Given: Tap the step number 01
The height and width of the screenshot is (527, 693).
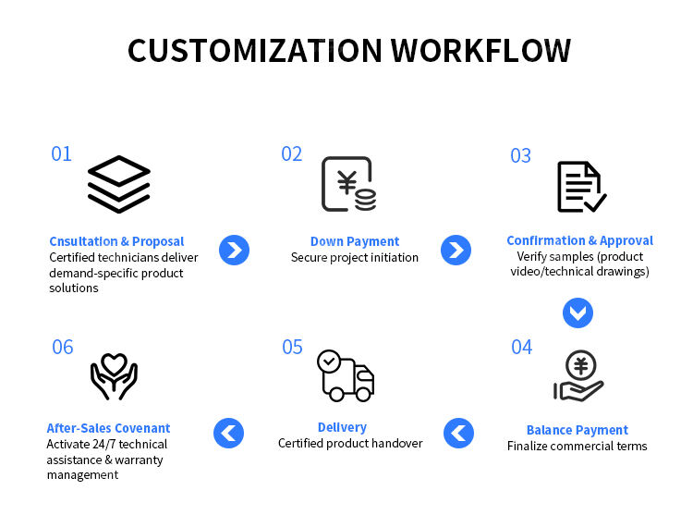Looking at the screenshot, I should (x=61, y=153).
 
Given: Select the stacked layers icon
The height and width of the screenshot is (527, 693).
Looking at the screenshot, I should (x=118, y=184).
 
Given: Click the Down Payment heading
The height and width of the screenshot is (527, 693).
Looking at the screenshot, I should (x=355, y=241).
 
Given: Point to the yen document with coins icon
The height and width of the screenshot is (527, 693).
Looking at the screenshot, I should (x=348, y=184).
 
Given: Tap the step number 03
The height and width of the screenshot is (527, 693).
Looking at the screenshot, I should (x=521, y=155).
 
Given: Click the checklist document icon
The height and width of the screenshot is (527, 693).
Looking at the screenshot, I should (x=580, y=186).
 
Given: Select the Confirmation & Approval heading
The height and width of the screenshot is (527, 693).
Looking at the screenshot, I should (x=579, y=240).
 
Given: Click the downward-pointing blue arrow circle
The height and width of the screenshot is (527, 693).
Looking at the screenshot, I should (x=577, y=313).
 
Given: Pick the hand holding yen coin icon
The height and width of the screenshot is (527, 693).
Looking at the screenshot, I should (x=579, y=376).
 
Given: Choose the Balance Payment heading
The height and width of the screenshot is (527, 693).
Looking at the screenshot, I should (x=577, y=430).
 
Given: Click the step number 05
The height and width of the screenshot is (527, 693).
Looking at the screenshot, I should (x=292, y=347).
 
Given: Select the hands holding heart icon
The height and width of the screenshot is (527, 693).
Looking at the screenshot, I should (x=114, y=376).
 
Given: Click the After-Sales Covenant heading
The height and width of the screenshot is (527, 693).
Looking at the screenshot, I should (x=108, y=428).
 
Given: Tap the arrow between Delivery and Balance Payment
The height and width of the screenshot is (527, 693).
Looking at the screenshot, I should (x=458, y=433).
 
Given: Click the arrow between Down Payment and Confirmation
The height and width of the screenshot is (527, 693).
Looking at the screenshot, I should (x=456, y=250).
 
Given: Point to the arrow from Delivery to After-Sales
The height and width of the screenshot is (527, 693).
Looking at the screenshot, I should (x=228, y=433).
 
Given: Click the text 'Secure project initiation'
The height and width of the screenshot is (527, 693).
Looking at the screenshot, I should (x=355, y=258).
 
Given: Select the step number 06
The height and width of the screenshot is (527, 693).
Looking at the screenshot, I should (x=62, y=348).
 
